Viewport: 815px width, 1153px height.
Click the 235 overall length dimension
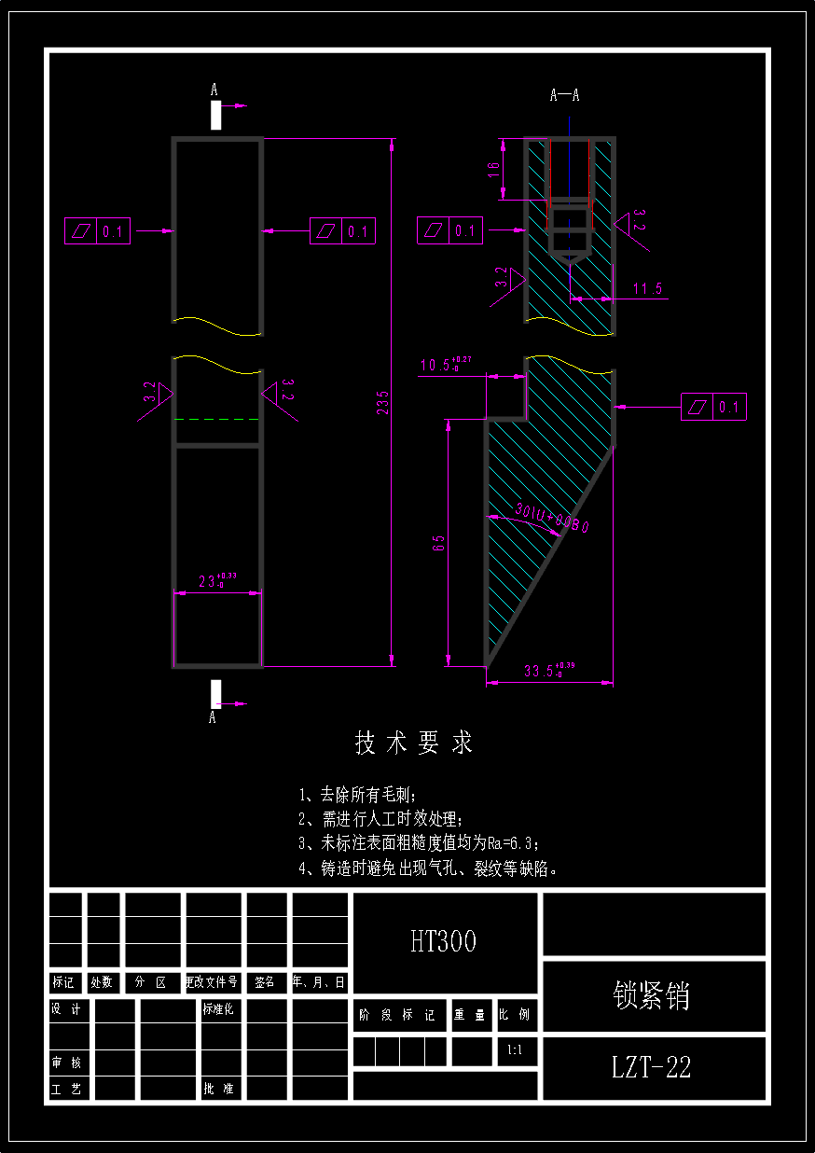382,402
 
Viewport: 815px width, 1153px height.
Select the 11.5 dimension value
647,289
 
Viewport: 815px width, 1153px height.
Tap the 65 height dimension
437,542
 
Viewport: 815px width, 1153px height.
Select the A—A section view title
565,95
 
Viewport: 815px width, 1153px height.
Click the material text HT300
444,941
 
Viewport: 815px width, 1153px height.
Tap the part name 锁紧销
653,995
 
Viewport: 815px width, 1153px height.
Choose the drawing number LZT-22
652,1067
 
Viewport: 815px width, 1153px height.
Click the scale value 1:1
515,1050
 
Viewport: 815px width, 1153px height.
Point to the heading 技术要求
413,743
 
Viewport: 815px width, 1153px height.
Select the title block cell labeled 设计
66,1009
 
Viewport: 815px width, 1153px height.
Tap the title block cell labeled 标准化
217,1009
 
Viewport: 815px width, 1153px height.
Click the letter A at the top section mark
214,90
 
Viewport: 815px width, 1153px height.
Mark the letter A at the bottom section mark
214,717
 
